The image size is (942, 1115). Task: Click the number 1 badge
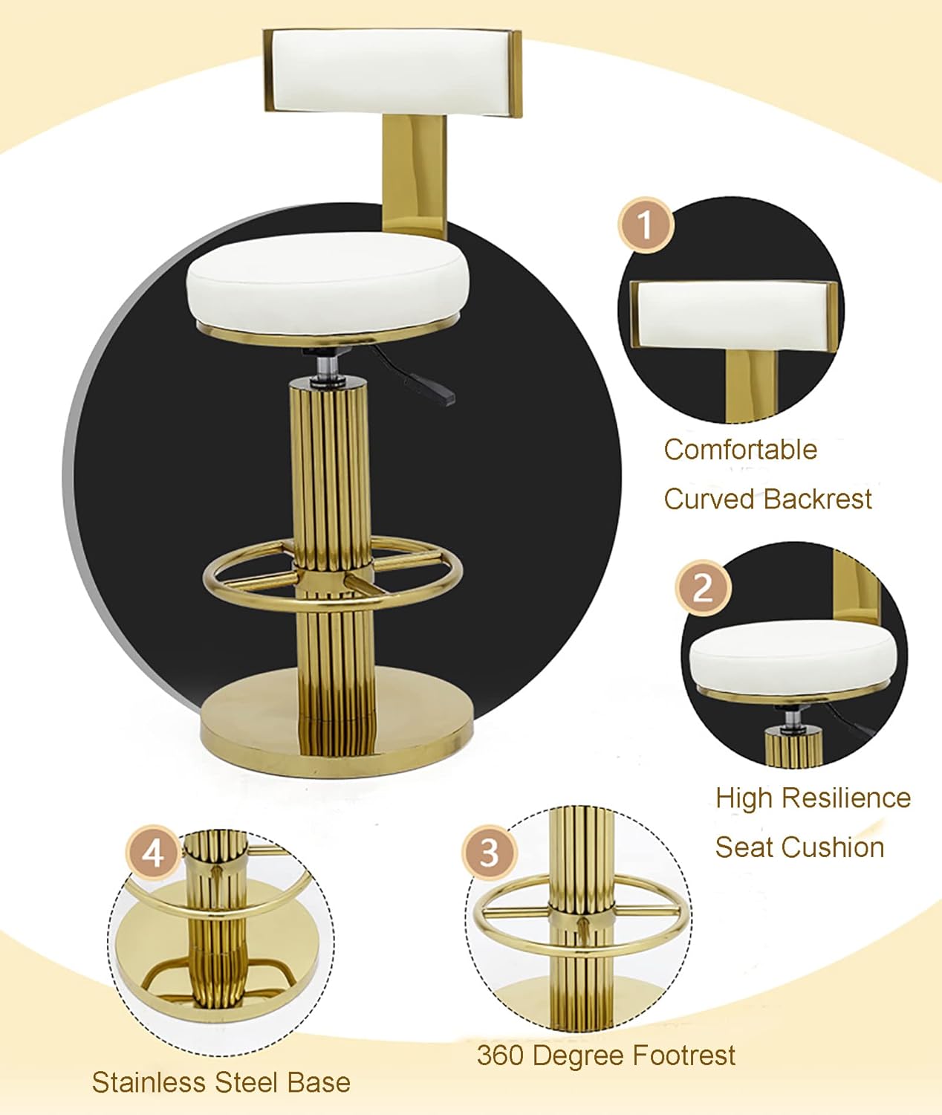[x=646, y=225]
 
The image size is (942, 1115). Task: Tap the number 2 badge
[x=703, y=588]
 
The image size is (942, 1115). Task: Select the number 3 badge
[x=489, y=852]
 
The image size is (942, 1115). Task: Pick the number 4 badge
[x=152, y=853]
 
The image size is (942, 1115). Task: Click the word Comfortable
[x=740, y=450]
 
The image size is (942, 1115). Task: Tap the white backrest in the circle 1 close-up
[x=731, y=313]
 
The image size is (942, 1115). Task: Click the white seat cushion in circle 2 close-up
[x=792, y=655]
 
